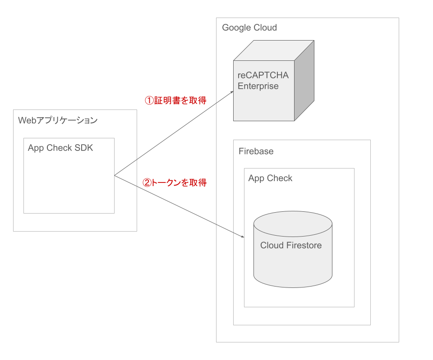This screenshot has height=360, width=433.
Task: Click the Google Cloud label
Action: (x=249, y=27)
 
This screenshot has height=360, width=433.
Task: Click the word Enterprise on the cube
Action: (x=258, y=86)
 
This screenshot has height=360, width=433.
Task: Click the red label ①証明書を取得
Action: (x=175, y=100)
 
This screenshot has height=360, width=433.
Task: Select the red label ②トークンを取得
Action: (x=175, y=182)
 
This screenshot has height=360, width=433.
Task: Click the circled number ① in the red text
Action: (x=148, y=100)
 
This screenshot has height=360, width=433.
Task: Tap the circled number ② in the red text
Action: (x=147, y=182)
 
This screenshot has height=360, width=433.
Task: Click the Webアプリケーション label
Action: (x=57, y=120)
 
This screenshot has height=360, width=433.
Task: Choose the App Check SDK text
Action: (x=60, y=148)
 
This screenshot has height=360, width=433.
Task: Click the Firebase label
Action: (x=256, y=151)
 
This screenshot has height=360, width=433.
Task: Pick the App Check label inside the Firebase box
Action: (x=270, y=178)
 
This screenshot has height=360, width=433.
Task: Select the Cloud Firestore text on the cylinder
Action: (x=291, y=245)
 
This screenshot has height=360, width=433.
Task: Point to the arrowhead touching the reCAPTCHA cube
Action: (x=231, y=92)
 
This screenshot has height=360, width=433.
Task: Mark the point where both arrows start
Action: (x=115, y=175)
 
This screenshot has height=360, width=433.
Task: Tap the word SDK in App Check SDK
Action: (x=84, y=148)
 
